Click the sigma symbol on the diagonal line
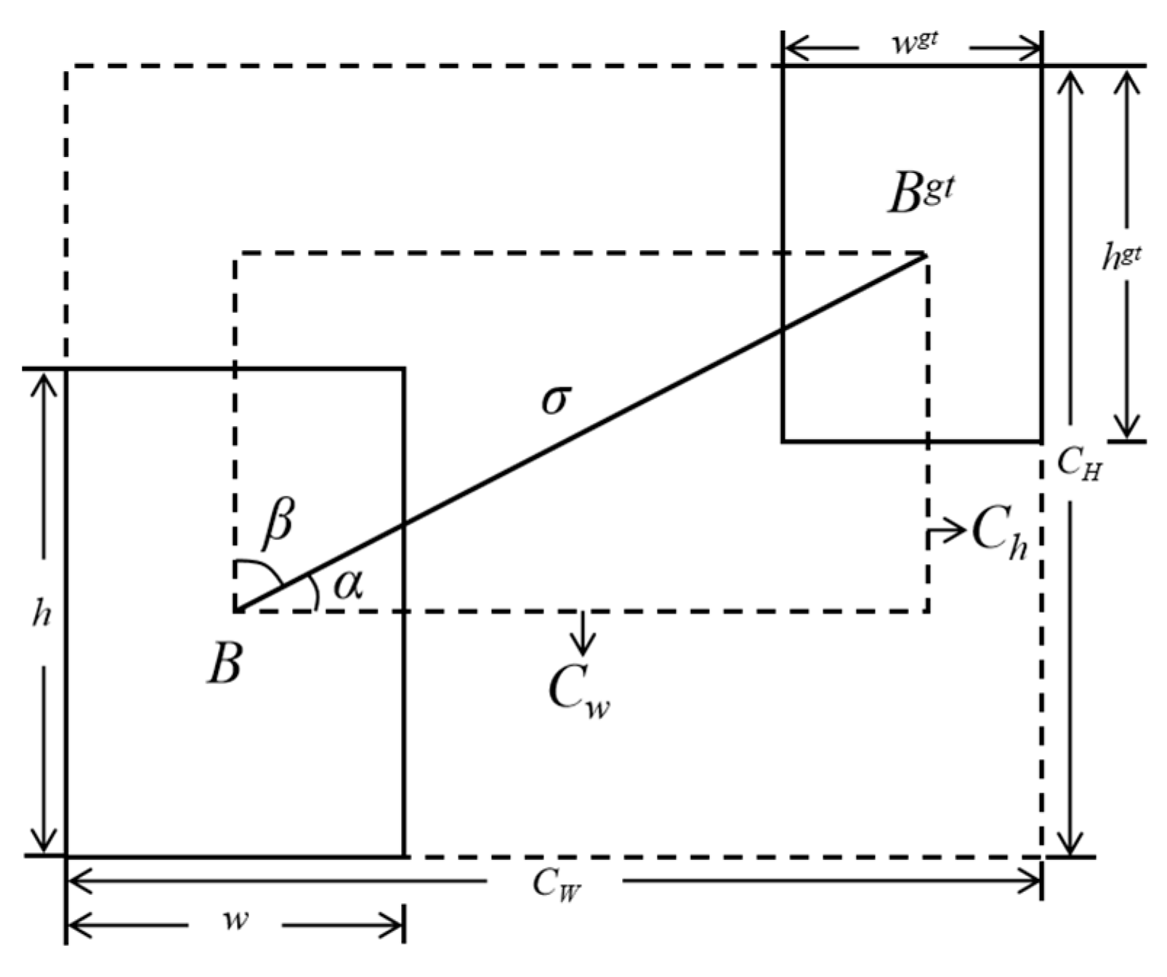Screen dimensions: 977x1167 (x=557, y=399)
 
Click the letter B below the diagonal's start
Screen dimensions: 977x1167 (x=223, y=664)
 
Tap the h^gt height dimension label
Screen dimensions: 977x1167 (x=1121, y=257)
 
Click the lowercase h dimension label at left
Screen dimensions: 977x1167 (x=42, y=614)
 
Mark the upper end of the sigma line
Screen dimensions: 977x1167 (x=924, y=255)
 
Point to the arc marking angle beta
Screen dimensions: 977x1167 (x=265, y=568)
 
